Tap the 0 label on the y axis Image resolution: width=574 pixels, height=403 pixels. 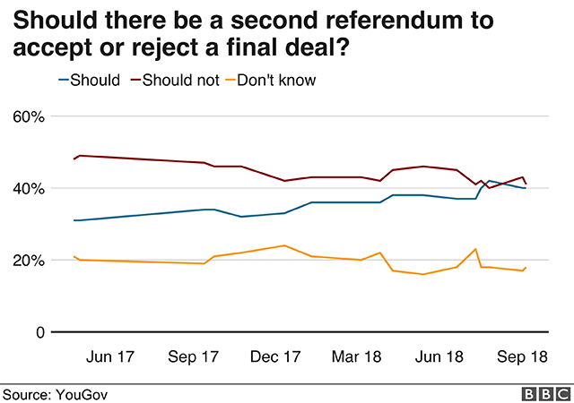tap(39, 332)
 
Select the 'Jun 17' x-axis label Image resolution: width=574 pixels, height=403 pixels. tap(109, 356)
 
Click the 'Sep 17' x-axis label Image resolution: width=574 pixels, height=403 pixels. tap(194, 356)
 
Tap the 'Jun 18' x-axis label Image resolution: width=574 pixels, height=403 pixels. tap(440, 356)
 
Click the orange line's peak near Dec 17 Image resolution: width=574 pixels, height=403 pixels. tap(284, 245)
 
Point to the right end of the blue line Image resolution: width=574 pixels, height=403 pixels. tap(526, 188)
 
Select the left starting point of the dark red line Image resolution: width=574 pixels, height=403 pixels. tap(74, 159)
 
